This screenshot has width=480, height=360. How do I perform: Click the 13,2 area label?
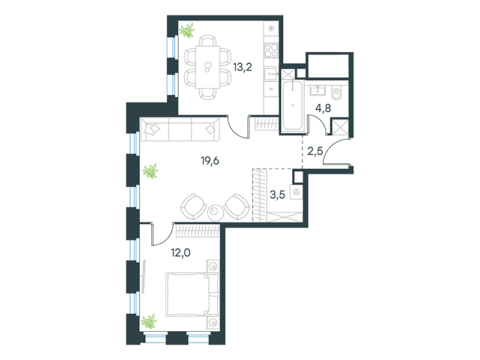242,67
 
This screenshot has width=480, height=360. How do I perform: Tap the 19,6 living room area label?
210,160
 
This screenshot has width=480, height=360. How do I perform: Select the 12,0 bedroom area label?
181,253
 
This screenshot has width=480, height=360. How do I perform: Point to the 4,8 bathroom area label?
323,108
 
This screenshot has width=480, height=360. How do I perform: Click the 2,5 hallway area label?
316,151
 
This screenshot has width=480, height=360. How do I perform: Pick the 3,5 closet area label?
277,194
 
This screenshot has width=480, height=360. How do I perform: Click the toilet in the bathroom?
337,92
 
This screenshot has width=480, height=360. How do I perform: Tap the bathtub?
293,106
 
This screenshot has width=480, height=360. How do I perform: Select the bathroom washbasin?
319,90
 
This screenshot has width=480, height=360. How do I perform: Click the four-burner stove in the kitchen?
271,50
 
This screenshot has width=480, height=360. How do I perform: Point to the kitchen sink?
271,74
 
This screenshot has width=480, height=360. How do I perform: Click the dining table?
208,67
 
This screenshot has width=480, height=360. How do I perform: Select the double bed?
192,295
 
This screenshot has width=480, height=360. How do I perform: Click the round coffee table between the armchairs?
215,212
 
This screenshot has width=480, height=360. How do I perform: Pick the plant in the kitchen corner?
187,31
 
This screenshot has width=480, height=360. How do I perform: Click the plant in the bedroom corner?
149,322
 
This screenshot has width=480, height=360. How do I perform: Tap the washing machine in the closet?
296,192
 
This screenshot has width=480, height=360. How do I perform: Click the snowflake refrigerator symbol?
271,29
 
